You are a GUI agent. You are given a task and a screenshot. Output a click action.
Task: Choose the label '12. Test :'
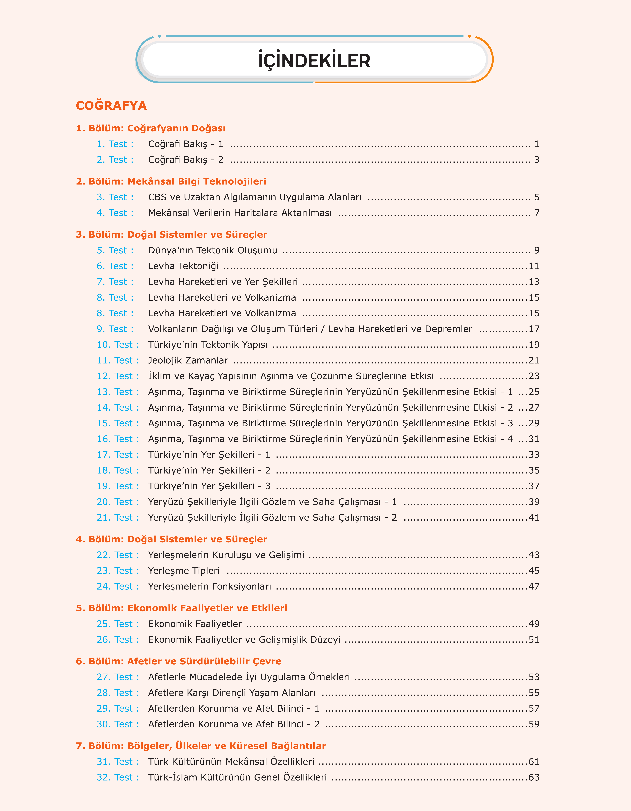pyautogui.click(x=118, y=376)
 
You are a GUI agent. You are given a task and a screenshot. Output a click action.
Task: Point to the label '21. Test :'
pyautogui.click(x=118, y=518)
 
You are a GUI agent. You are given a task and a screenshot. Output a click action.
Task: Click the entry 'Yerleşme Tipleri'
pyautogui.click(x=184, y=571)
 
